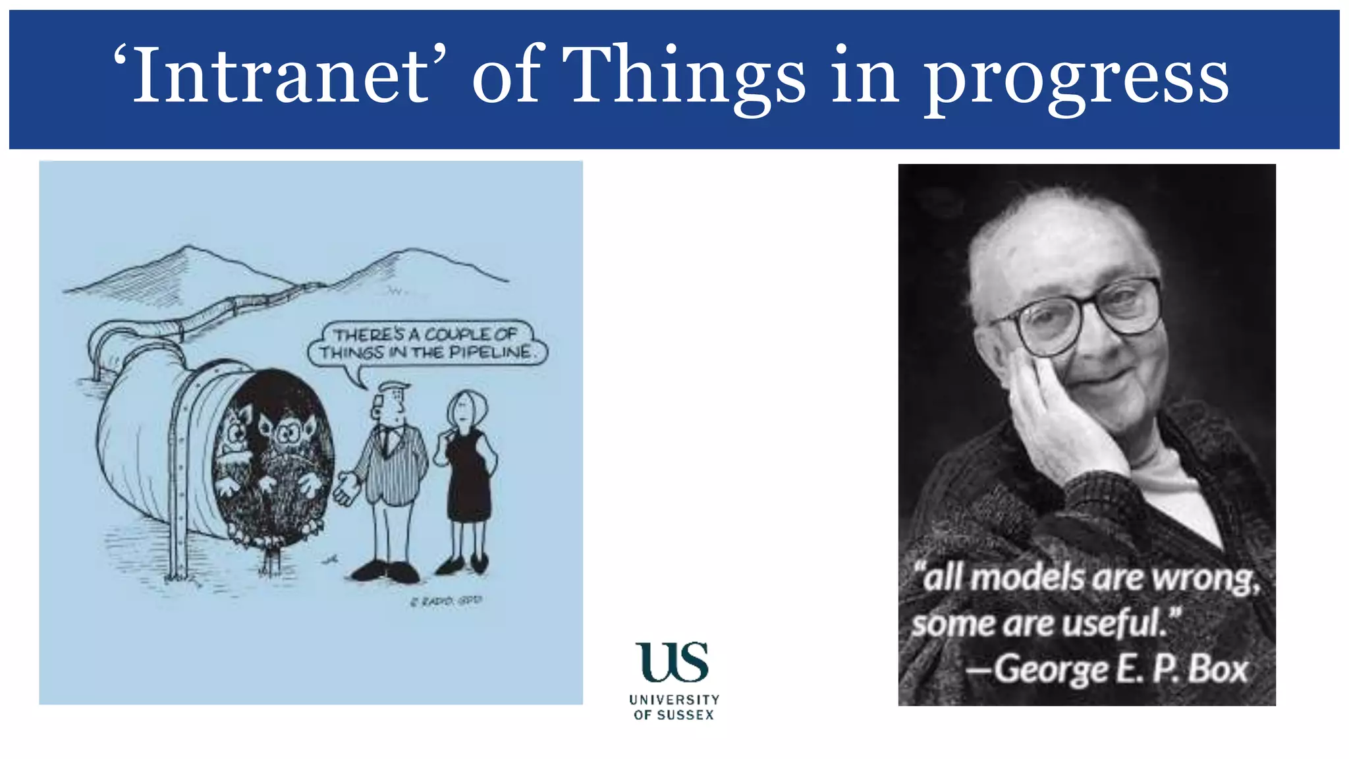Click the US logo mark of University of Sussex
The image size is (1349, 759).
[x=672, y=662]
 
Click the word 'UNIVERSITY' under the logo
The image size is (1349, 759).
[x=674, y=700]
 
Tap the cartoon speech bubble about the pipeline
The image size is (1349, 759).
[x=427, y=343]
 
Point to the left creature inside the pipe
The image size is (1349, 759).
[x=234, y=435]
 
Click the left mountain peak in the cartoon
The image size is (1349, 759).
[x=189, y=249]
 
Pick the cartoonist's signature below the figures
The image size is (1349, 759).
[x=446, y=601]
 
